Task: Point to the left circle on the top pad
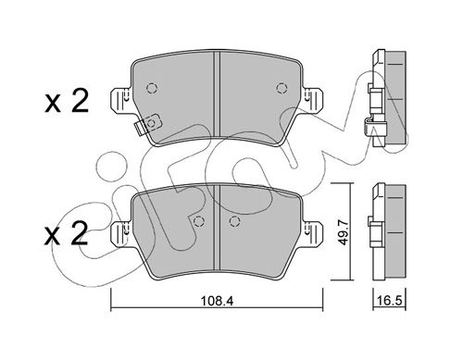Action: (x=149, y=89)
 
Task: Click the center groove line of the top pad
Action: (x=215, y=93)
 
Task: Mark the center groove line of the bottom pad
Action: (x=215, y=231)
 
